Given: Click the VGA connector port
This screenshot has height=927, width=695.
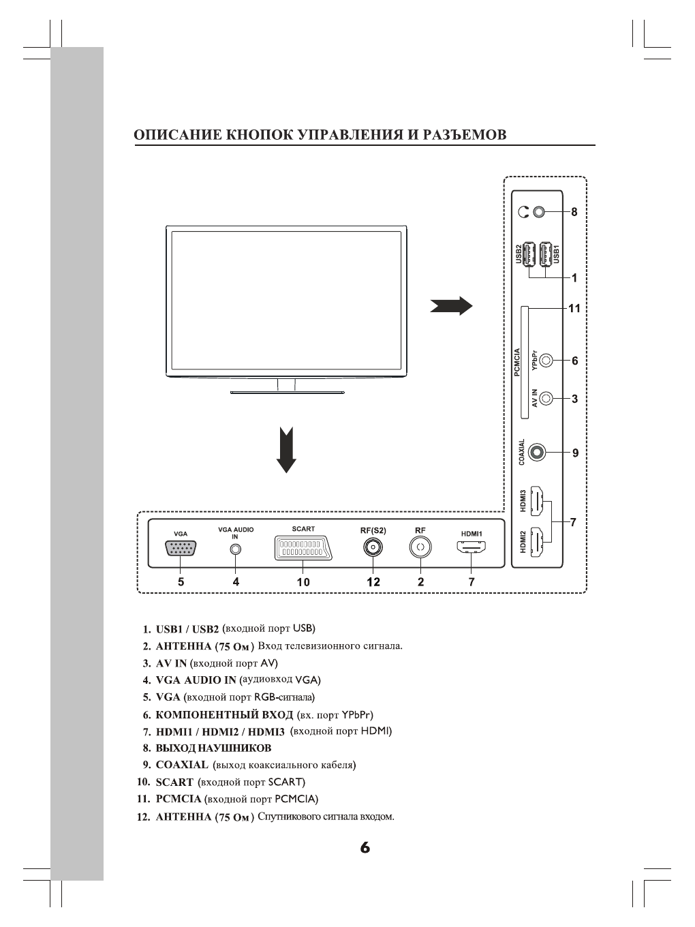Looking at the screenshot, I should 181,548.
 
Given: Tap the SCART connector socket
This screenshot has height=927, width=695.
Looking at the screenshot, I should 303,547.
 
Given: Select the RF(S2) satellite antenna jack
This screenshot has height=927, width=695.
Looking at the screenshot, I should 373,547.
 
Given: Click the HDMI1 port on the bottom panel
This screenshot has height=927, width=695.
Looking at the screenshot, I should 471,547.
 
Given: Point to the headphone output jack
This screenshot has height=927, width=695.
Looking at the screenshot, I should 540,211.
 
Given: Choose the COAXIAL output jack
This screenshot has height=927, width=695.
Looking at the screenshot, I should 538,451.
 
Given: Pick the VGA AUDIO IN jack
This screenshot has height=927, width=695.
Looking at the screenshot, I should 235,549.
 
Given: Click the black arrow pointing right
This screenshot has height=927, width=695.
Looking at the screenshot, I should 451,306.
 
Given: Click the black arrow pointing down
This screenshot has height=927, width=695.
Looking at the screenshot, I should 286,450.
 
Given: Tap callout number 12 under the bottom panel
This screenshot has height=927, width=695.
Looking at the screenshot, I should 373,582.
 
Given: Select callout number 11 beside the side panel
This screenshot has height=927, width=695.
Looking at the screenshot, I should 574,308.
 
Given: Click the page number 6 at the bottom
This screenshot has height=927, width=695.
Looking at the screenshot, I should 365,848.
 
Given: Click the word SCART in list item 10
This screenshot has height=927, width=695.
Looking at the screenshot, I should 174,782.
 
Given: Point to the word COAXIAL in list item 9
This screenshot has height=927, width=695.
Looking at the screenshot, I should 182,765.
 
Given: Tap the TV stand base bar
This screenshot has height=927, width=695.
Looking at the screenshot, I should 287,392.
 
